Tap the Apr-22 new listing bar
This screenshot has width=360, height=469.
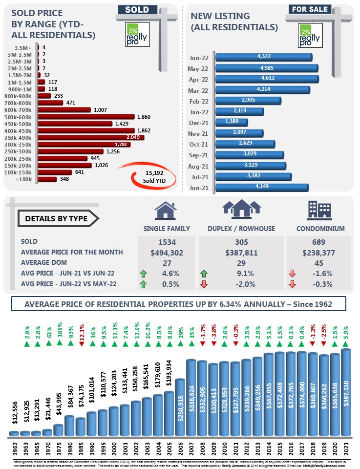[267, 79]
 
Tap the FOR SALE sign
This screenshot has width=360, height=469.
[310, 9]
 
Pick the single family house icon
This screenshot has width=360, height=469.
[165, 210]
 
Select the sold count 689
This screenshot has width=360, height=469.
[318, 242]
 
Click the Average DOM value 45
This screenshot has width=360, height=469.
[318, 262]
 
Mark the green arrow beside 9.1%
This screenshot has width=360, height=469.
[204, 273]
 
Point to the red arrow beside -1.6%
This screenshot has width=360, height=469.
[292, 273]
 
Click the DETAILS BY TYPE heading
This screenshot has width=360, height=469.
[57, 218]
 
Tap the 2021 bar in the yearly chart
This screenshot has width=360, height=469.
[346, 392]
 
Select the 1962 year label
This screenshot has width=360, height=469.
[14, 448]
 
